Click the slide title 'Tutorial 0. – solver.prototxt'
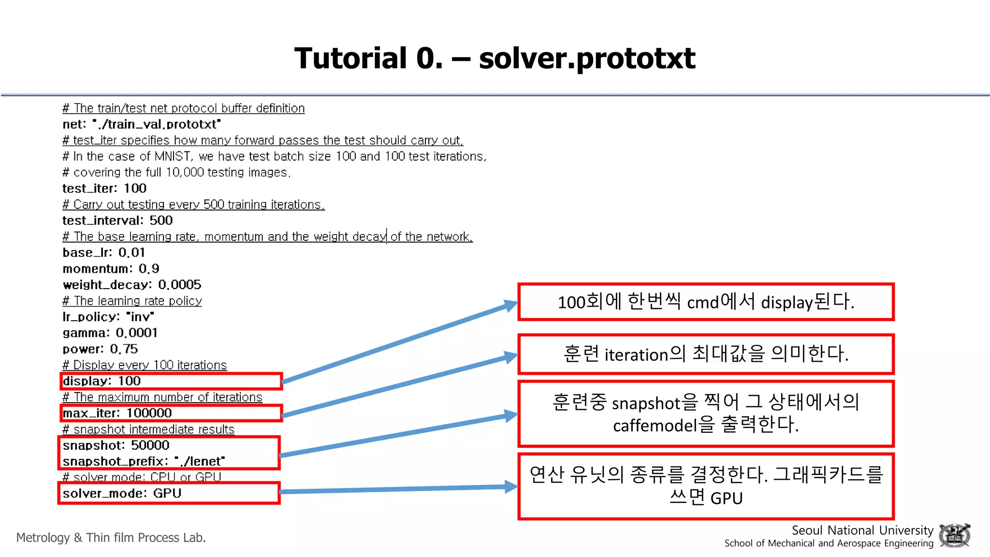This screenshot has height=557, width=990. (495, 58)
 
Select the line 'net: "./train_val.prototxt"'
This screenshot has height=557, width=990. (142, 124)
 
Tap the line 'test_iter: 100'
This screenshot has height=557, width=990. (104, 189)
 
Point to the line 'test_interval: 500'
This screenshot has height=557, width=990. (117, 220)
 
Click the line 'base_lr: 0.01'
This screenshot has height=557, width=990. (104, 252)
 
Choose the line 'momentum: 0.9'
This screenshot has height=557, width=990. (111, 269)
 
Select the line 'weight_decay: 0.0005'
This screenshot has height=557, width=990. (132, 285)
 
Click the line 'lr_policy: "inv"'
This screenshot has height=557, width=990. (108, 317)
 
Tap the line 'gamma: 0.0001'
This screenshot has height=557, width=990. (110, 333)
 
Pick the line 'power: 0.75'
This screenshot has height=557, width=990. (100, 349)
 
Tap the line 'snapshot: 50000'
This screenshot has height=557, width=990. (116, 445)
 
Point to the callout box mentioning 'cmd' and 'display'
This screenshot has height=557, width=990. (706, 302)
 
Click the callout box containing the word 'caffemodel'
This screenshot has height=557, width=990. (706, 414)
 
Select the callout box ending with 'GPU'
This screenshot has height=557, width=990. (706, 486)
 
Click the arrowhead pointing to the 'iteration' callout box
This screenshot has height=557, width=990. (510, 357)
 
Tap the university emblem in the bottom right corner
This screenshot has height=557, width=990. (954, 535)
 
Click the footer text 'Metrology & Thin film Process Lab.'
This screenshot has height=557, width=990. (111, 538)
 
